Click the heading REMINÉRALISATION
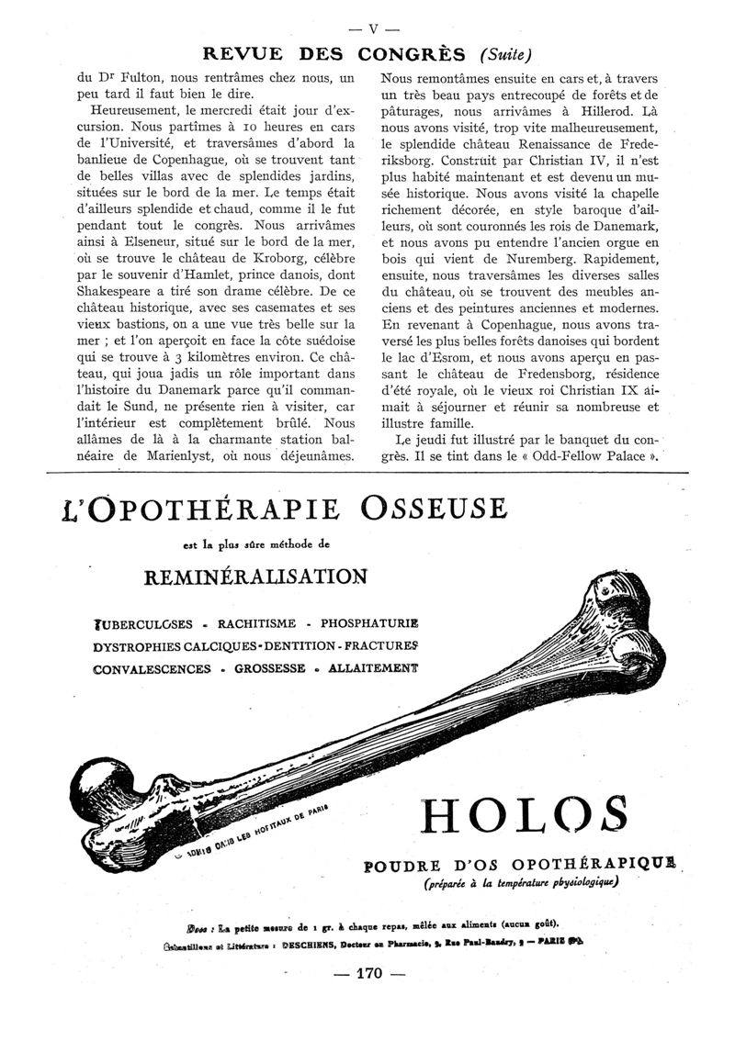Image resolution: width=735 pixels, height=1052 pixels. tap(256, 576)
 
